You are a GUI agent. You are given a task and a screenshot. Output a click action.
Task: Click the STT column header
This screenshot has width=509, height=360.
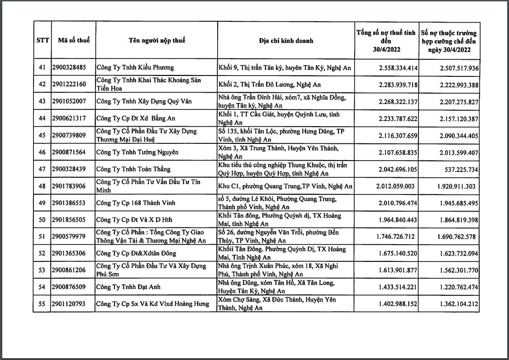[42, 40]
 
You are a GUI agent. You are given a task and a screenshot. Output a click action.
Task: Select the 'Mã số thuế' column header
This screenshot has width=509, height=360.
[74, 40]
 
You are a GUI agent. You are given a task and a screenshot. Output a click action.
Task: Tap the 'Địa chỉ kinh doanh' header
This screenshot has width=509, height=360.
[286, 41]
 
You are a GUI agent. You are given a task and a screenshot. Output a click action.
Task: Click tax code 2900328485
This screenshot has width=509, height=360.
[69, 68]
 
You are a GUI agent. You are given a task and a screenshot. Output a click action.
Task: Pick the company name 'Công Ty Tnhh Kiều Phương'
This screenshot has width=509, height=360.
[135, 68]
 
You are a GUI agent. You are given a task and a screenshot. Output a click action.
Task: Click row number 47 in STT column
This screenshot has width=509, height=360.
[42, 169]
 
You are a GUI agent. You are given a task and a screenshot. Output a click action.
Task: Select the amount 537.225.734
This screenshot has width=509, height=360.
[459, 169]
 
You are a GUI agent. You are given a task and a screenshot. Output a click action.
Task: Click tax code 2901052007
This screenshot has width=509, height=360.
[69, 101]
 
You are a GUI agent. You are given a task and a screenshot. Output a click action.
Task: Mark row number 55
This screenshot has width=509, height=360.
[42, 304]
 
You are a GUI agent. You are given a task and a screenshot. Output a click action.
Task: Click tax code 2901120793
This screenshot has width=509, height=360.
[69, 304]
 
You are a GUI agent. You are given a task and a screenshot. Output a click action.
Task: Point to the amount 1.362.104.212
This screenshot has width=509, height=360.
[459, 304]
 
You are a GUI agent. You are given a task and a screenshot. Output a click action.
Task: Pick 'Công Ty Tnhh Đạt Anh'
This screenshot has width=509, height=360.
[128, 287]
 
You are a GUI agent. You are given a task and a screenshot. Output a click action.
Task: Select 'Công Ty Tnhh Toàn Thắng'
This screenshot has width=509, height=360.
[133, 169]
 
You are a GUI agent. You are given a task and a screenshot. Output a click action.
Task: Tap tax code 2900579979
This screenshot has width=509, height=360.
[69, 237]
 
